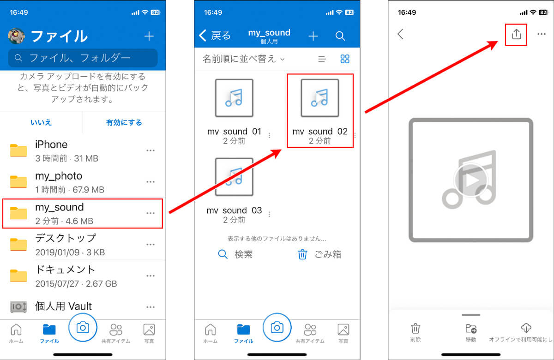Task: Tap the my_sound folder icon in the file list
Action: pyautogui.click(x=18, y=213)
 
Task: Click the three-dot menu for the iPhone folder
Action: pyautogui.click(x=151, y=150)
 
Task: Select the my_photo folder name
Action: pyautogui.click(x=59, y=176)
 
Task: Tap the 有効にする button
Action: pyautogui.click(x=124, y=122)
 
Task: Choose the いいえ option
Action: pyautogui.click(x=41, y=122)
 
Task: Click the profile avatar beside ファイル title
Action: pyautogui.click(x=16, y=36)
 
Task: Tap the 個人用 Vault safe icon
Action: pyautogui.click(x=18, y=306)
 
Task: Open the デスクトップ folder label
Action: pyautogui.click(x=66, y=238)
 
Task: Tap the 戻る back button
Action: pyautogui.click(x=215, y=36)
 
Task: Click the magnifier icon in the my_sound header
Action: pyautogui.click(x=340, y=36)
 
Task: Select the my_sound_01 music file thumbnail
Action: pyautogui.click(x=234, y=98)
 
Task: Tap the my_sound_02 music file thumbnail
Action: pyautogui.click(x=320, y=98)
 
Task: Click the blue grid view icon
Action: pyautogui.click(x=345, y=59)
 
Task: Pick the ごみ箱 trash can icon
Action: pyautogui.click(x=302, y=254)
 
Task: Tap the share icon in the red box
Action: pyautogui.click(x=517, y=34)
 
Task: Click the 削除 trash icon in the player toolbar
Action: pyautogui.click(x=415, y=328)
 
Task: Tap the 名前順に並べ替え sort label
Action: pyautogui.click(x=240, y=59)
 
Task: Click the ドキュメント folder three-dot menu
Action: pyautogui.click(x=151, y=276)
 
